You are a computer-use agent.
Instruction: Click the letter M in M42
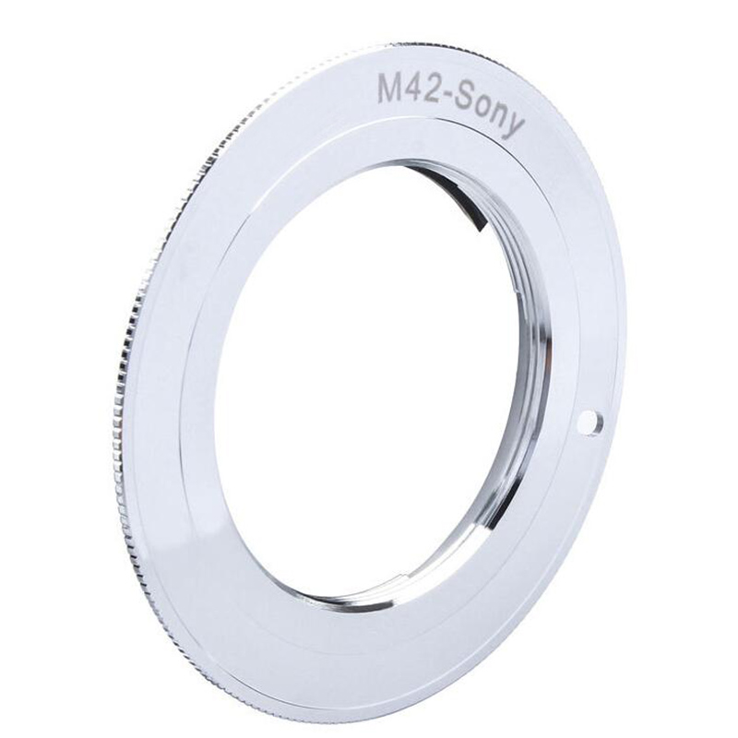pyautogui.click(x=393, y=91)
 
